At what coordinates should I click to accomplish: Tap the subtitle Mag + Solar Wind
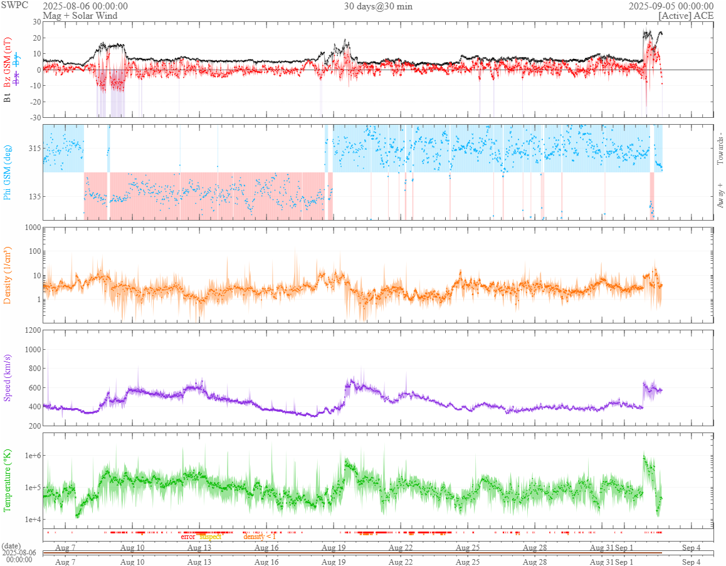click(x=80, y=15)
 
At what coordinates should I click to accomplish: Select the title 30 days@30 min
click(x=378, y=6)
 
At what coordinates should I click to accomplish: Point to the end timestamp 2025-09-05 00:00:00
click(x=671, y=6)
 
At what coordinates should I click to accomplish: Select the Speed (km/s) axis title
click(x=8, y=377)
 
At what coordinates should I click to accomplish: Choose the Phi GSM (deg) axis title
click(x=8, y=172)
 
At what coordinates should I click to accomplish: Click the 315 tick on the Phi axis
click(x=33, y=149)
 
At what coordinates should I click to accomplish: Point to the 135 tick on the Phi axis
click(x=33, y=196)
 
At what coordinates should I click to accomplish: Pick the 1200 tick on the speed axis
click(x=31, y=330)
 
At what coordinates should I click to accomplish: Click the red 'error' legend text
click(x=188, y=537)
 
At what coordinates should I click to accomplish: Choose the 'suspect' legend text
click(x=210, y=537)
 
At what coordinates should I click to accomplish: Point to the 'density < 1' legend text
click(x=260, y=537)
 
